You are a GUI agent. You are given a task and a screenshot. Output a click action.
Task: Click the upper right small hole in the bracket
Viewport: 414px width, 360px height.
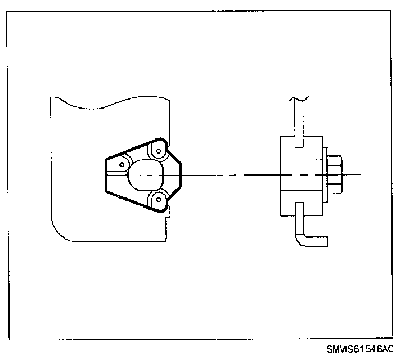[159, 150]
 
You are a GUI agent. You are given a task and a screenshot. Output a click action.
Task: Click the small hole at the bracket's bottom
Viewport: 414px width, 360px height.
[159, 198]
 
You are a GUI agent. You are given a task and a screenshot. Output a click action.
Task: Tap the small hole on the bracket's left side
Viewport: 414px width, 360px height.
[121, 164]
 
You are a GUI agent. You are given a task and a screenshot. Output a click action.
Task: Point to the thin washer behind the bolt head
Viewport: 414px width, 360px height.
[326, 175]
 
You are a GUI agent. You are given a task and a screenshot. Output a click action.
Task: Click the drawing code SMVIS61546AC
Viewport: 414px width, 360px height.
[359, 349]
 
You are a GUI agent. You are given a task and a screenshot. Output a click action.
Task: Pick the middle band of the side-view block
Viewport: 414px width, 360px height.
[302, 175]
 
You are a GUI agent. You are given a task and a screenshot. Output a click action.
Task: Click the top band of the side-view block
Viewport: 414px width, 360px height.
[302, 148]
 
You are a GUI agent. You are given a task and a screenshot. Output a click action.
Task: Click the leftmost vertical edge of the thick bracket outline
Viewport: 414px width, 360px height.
[105, 175]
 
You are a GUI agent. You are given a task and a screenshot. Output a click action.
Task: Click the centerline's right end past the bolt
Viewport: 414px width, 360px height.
[359, 175]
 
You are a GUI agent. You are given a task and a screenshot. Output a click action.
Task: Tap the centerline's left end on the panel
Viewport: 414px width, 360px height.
[76, 175]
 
